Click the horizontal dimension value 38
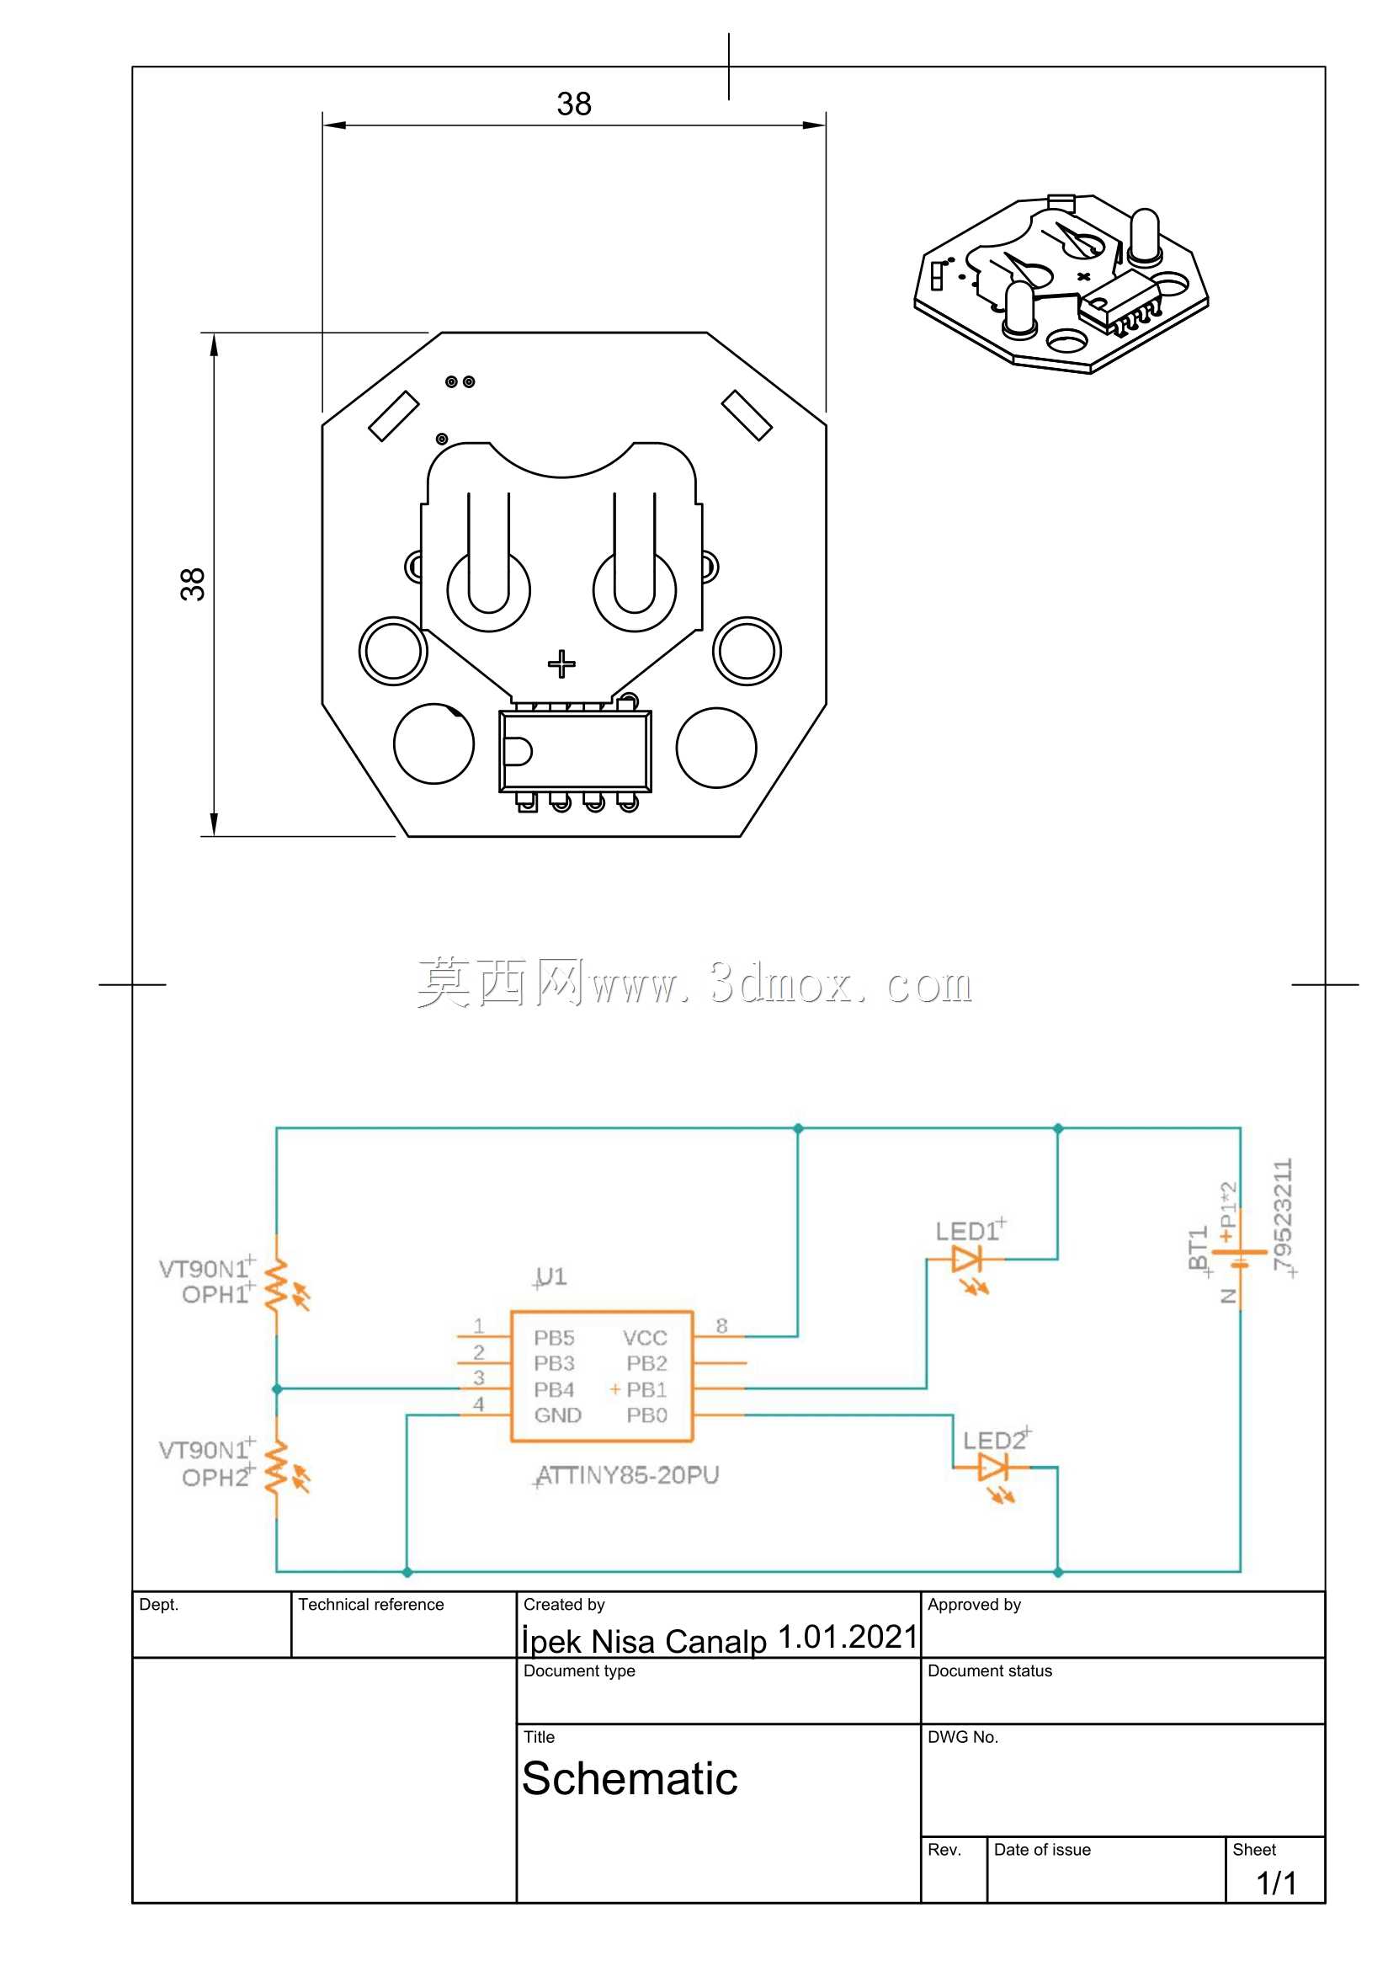(x=574, y=104)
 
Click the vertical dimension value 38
(x=193, y=584)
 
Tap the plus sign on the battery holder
(x=561, y=663)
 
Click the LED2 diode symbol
(x=992, y=1468)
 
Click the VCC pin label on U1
(x=645, y=1338)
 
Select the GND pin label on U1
(x=557, y=1415)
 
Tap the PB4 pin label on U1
(x=554, y=1390)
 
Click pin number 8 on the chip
(x=722, y=1325)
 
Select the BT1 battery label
(x=1198, y=1248)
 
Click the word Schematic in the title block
(x=630, y=1778)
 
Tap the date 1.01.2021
(x=847, y=1636)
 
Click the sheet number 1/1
(x=1276, y=1883)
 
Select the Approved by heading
(x=975, y=1605)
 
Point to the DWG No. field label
(x=963, y=1736)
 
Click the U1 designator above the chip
(x=550, y=1276)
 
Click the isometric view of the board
(x=1061, y=284)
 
